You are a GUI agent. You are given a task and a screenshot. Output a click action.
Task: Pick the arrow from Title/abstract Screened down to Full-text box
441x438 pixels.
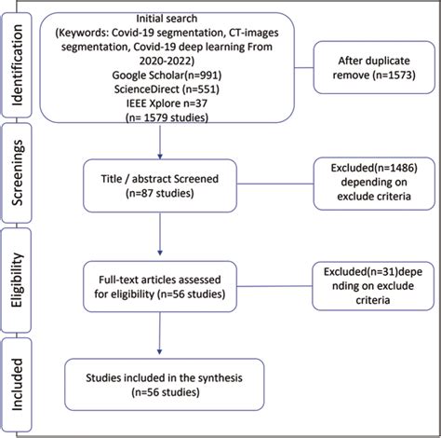163,233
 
